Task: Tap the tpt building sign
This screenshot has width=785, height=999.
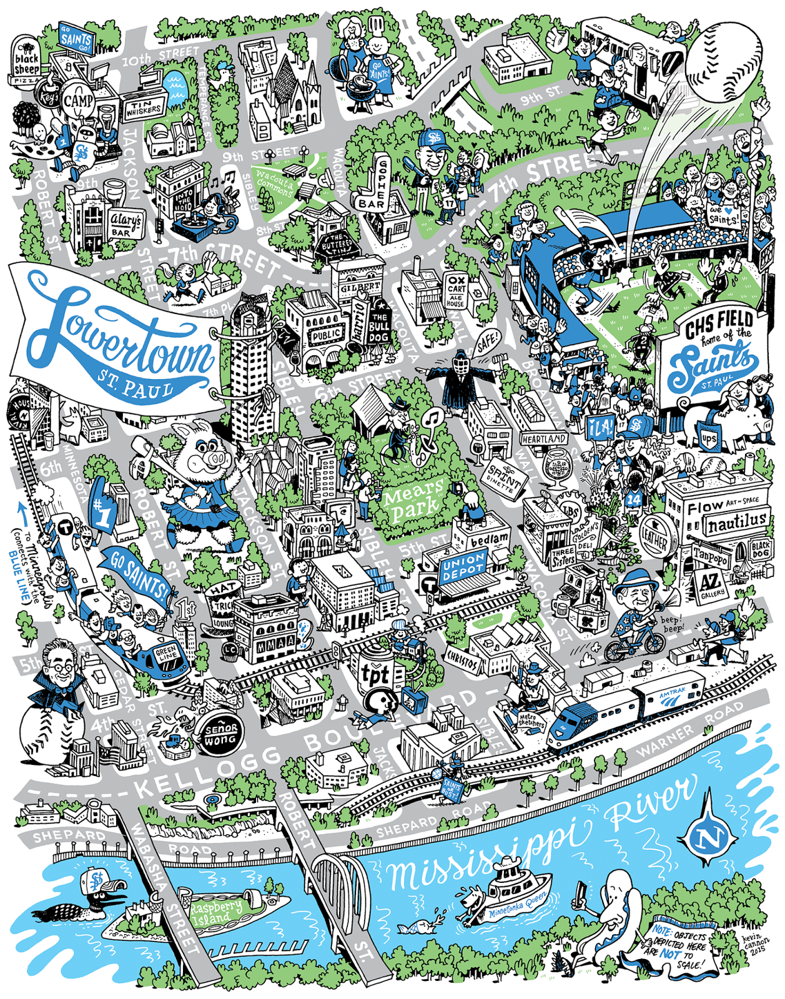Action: [x=375, y=674]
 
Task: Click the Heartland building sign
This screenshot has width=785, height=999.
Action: [x=543, y=439]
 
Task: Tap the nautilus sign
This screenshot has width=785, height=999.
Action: [x=736, y=523]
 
